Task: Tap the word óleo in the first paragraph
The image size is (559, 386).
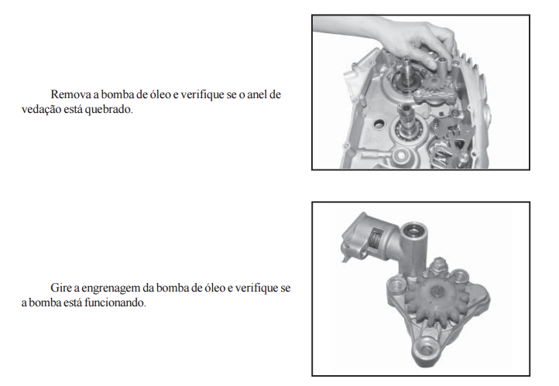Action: point(158,94)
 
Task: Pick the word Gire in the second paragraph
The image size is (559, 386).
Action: point(61,288)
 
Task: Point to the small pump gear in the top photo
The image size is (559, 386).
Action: point(430,86)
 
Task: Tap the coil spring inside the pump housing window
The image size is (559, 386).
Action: point(375,239)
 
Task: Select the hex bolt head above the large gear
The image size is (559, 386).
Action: point(437,265)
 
